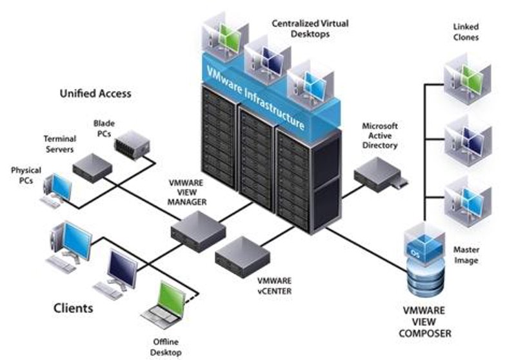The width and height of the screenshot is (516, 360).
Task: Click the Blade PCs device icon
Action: (132, 145)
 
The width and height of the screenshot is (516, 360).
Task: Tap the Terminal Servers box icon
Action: (92, 168)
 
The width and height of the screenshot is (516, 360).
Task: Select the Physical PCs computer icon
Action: (57, 191)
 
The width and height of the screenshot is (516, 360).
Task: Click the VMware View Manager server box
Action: (198, 232)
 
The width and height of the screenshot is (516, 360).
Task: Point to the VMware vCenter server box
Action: (243, 257)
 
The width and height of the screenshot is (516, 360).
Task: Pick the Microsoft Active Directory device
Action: (381, 174)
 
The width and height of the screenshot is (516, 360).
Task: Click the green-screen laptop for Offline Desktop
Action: (164, 305)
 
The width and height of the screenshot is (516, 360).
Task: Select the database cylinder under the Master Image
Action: (426, 276)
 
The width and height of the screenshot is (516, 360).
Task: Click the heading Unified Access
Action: (95, 94)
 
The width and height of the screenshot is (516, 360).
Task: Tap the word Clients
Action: (73, 308)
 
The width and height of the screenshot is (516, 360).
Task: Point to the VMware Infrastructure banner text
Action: (255, 97)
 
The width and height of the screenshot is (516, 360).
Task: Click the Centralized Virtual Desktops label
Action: (310, 28)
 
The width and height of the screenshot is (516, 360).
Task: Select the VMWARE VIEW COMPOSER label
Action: (424, 322)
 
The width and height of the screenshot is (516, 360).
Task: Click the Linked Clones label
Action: (466, 32)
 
